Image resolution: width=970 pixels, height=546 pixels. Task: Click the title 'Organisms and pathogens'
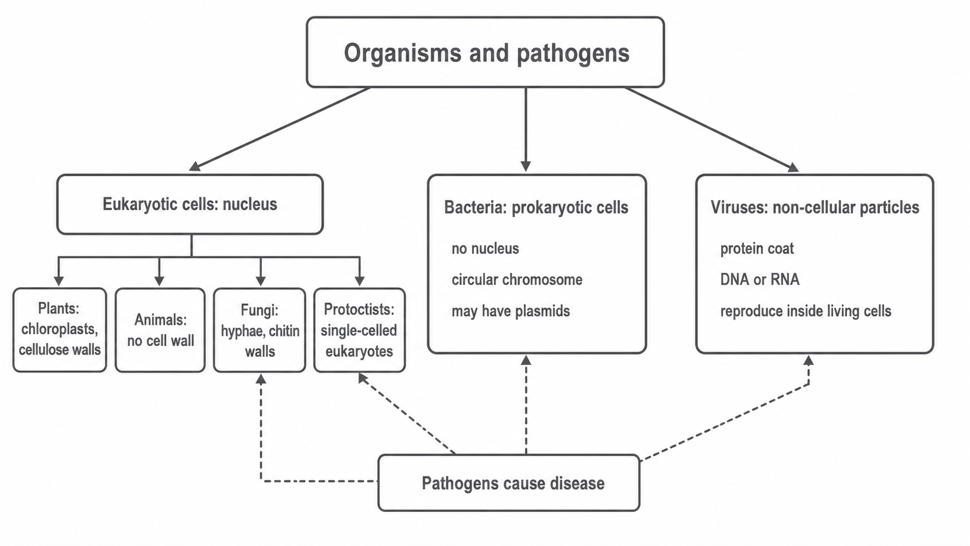486,53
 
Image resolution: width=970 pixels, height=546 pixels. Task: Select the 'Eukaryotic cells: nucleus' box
190,204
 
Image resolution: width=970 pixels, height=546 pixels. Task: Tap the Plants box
60,330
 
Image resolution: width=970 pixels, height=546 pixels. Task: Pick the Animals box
160,330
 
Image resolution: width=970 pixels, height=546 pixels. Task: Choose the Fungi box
260,330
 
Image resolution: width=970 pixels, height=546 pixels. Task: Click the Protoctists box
360,330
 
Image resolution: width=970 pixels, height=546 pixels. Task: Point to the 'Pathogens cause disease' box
509,483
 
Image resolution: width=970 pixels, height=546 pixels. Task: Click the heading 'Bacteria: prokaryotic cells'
536,207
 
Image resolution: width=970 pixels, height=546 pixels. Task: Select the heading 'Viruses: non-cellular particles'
815,207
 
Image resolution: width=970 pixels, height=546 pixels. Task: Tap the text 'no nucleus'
485,248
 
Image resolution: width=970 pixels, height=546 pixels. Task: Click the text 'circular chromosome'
517,280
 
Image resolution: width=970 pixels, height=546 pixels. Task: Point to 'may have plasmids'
511,311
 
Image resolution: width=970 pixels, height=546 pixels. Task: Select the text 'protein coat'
757,248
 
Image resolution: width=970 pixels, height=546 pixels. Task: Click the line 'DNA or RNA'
759,279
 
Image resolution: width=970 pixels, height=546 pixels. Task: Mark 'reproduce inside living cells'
805,311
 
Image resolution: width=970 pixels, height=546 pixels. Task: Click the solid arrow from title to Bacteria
526,129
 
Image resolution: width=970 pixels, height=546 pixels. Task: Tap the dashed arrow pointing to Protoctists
407,414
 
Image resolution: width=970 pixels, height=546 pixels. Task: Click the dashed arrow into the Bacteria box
526,404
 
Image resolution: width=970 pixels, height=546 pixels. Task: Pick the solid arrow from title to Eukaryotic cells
280,129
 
